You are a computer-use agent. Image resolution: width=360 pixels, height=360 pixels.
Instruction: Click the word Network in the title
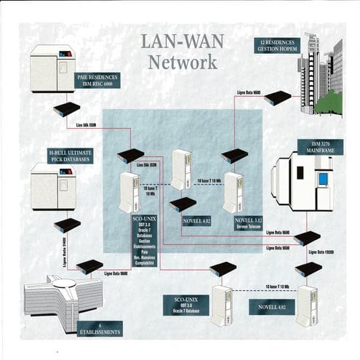[x=183, y=62]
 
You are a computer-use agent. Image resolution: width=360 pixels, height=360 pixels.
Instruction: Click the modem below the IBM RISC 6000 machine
[x=66, y=109]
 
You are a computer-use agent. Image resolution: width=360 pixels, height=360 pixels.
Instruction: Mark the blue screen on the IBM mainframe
[x=323, y=179]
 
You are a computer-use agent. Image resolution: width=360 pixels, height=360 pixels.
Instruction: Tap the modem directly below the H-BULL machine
[x=67, y=225]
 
